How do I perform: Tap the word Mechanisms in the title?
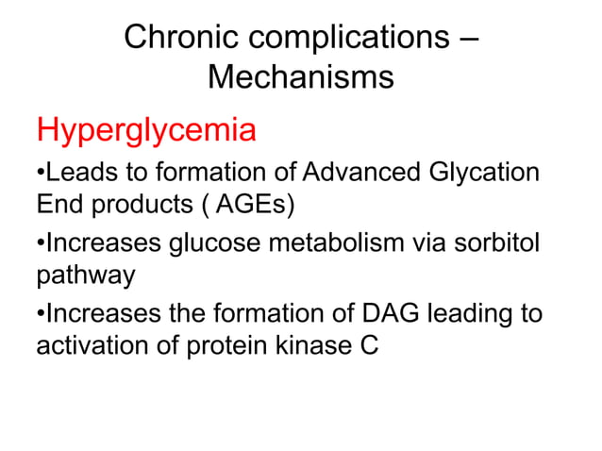tap(300, 77)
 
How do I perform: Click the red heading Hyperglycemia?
tap(145, 130)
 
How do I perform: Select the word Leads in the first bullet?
tap(75, 174)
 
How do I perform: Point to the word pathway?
tap(85, 277)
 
